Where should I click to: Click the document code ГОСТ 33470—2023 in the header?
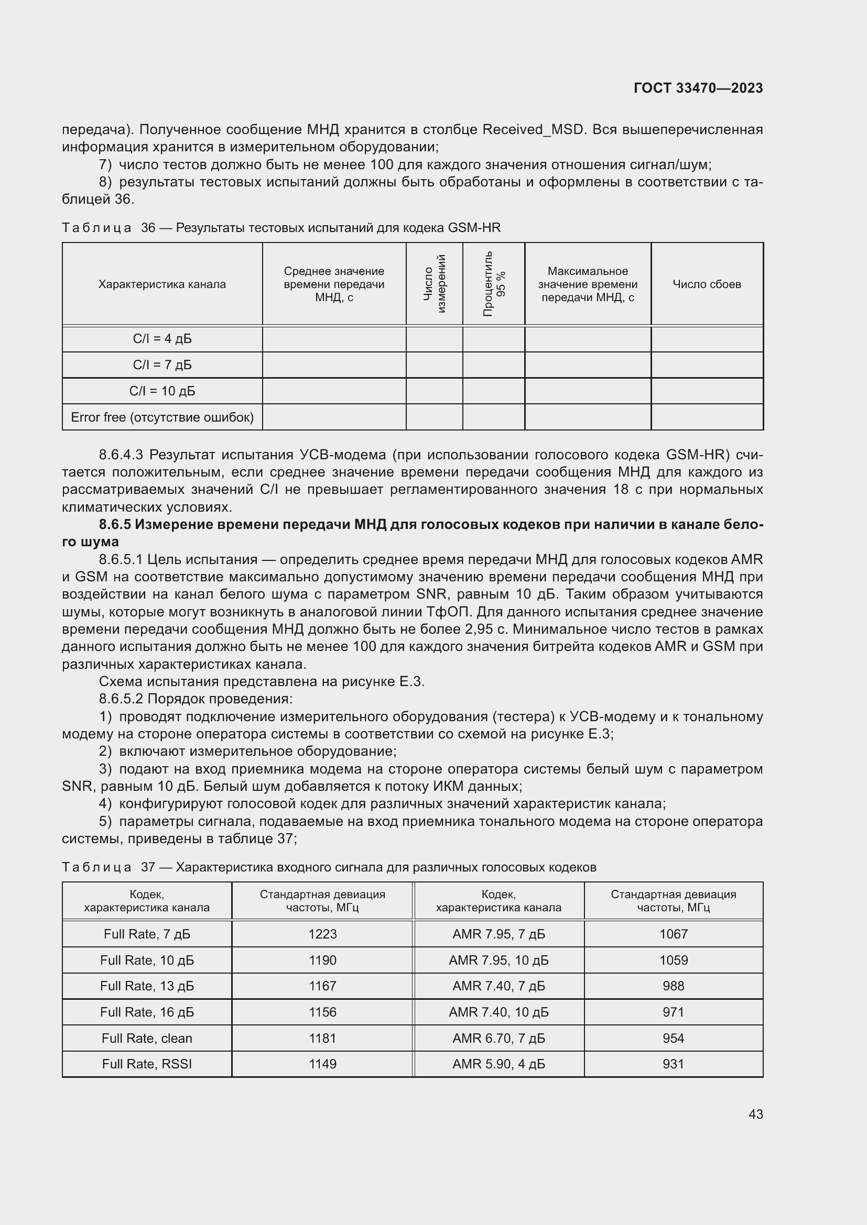tap(698, 88)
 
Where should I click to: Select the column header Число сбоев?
tap(706, 284)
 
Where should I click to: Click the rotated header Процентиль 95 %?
tap(494, 284)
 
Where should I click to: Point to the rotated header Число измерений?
tap(434, 284)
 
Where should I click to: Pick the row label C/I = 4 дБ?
tap(162, 339)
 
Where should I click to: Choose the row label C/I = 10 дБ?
tap(162, 391)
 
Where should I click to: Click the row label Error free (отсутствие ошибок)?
tap(162, 417)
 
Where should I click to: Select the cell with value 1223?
tap(322, 934)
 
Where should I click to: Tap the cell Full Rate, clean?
tap(147, 1038)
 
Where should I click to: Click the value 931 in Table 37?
tap(673, 1064)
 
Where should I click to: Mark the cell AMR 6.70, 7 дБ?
tap(498, 1038)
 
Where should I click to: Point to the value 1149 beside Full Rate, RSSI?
tap(322, 1064)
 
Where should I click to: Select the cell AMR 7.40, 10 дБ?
tap(498, 1012)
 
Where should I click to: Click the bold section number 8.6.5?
tap(115, 524)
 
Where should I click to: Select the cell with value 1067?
tap(673, 934)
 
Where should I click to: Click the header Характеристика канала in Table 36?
tap(162, 284)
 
